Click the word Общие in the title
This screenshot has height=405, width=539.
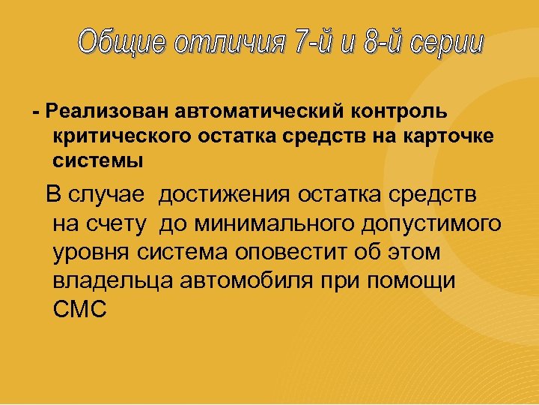(x=122, y=43)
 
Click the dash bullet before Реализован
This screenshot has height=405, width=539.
(x=36, y=112)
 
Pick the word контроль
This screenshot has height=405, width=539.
(x=397, y=112)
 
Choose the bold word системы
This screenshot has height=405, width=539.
(x=97, y=160)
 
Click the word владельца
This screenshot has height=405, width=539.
(x=114, y=280)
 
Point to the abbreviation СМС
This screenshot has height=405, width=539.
(x=81, y=308)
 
